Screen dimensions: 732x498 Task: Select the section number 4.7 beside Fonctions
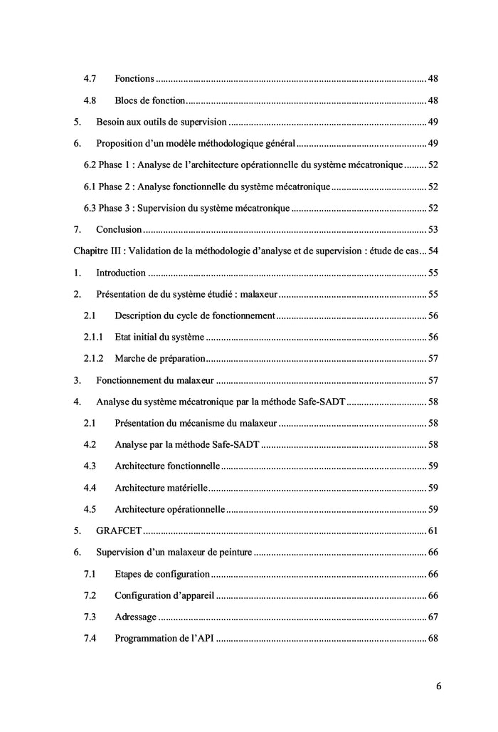point(90,78)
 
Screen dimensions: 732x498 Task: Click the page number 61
point(433,530)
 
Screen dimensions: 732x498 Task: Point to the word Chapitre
point(90,251)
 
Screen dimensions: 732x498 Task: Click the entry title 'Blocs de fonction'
point(150,100)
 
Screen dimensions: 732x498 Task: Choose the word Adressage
point(135,617)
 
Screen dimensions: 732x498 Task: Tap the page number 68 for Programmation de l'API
point(433,638)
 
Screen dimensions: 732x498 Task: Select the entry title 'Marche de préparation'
point(160,358)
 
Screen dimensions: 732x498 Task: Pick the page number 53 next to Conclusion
point(433,229)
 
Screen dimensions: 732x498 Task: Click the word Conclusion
point(119,229)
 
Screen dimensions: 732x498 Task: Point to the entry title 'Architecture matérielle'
point(161,488)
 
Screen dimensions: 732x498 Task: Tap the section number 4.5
point(90,509)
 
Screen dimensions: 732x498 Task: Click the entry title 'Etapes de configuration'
point(162,574)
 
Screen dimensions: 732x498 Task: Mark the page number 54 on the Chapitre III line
point(433,251)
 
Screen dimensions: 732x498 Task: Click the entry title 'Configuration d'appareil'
point(164,595)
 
